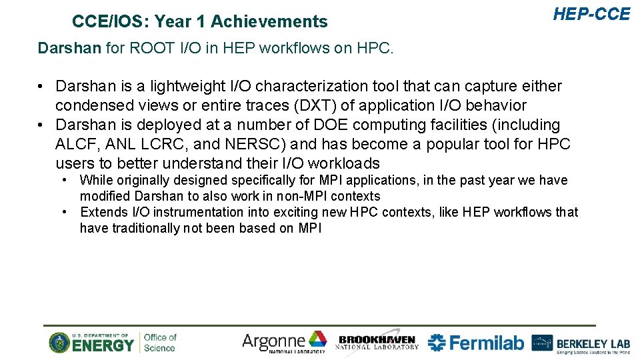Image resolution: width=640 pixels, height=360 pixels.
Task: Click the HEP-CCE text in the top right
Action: coord(591,14)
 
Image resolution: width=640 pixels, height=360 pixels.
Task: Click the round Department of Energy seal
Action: coord(59,343)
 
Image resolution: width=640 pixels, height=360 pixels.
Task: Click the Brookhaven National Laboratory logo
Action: coord(377,342)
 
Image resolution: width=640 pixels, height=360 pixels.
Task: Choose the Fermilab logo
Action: coord(476,343)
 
